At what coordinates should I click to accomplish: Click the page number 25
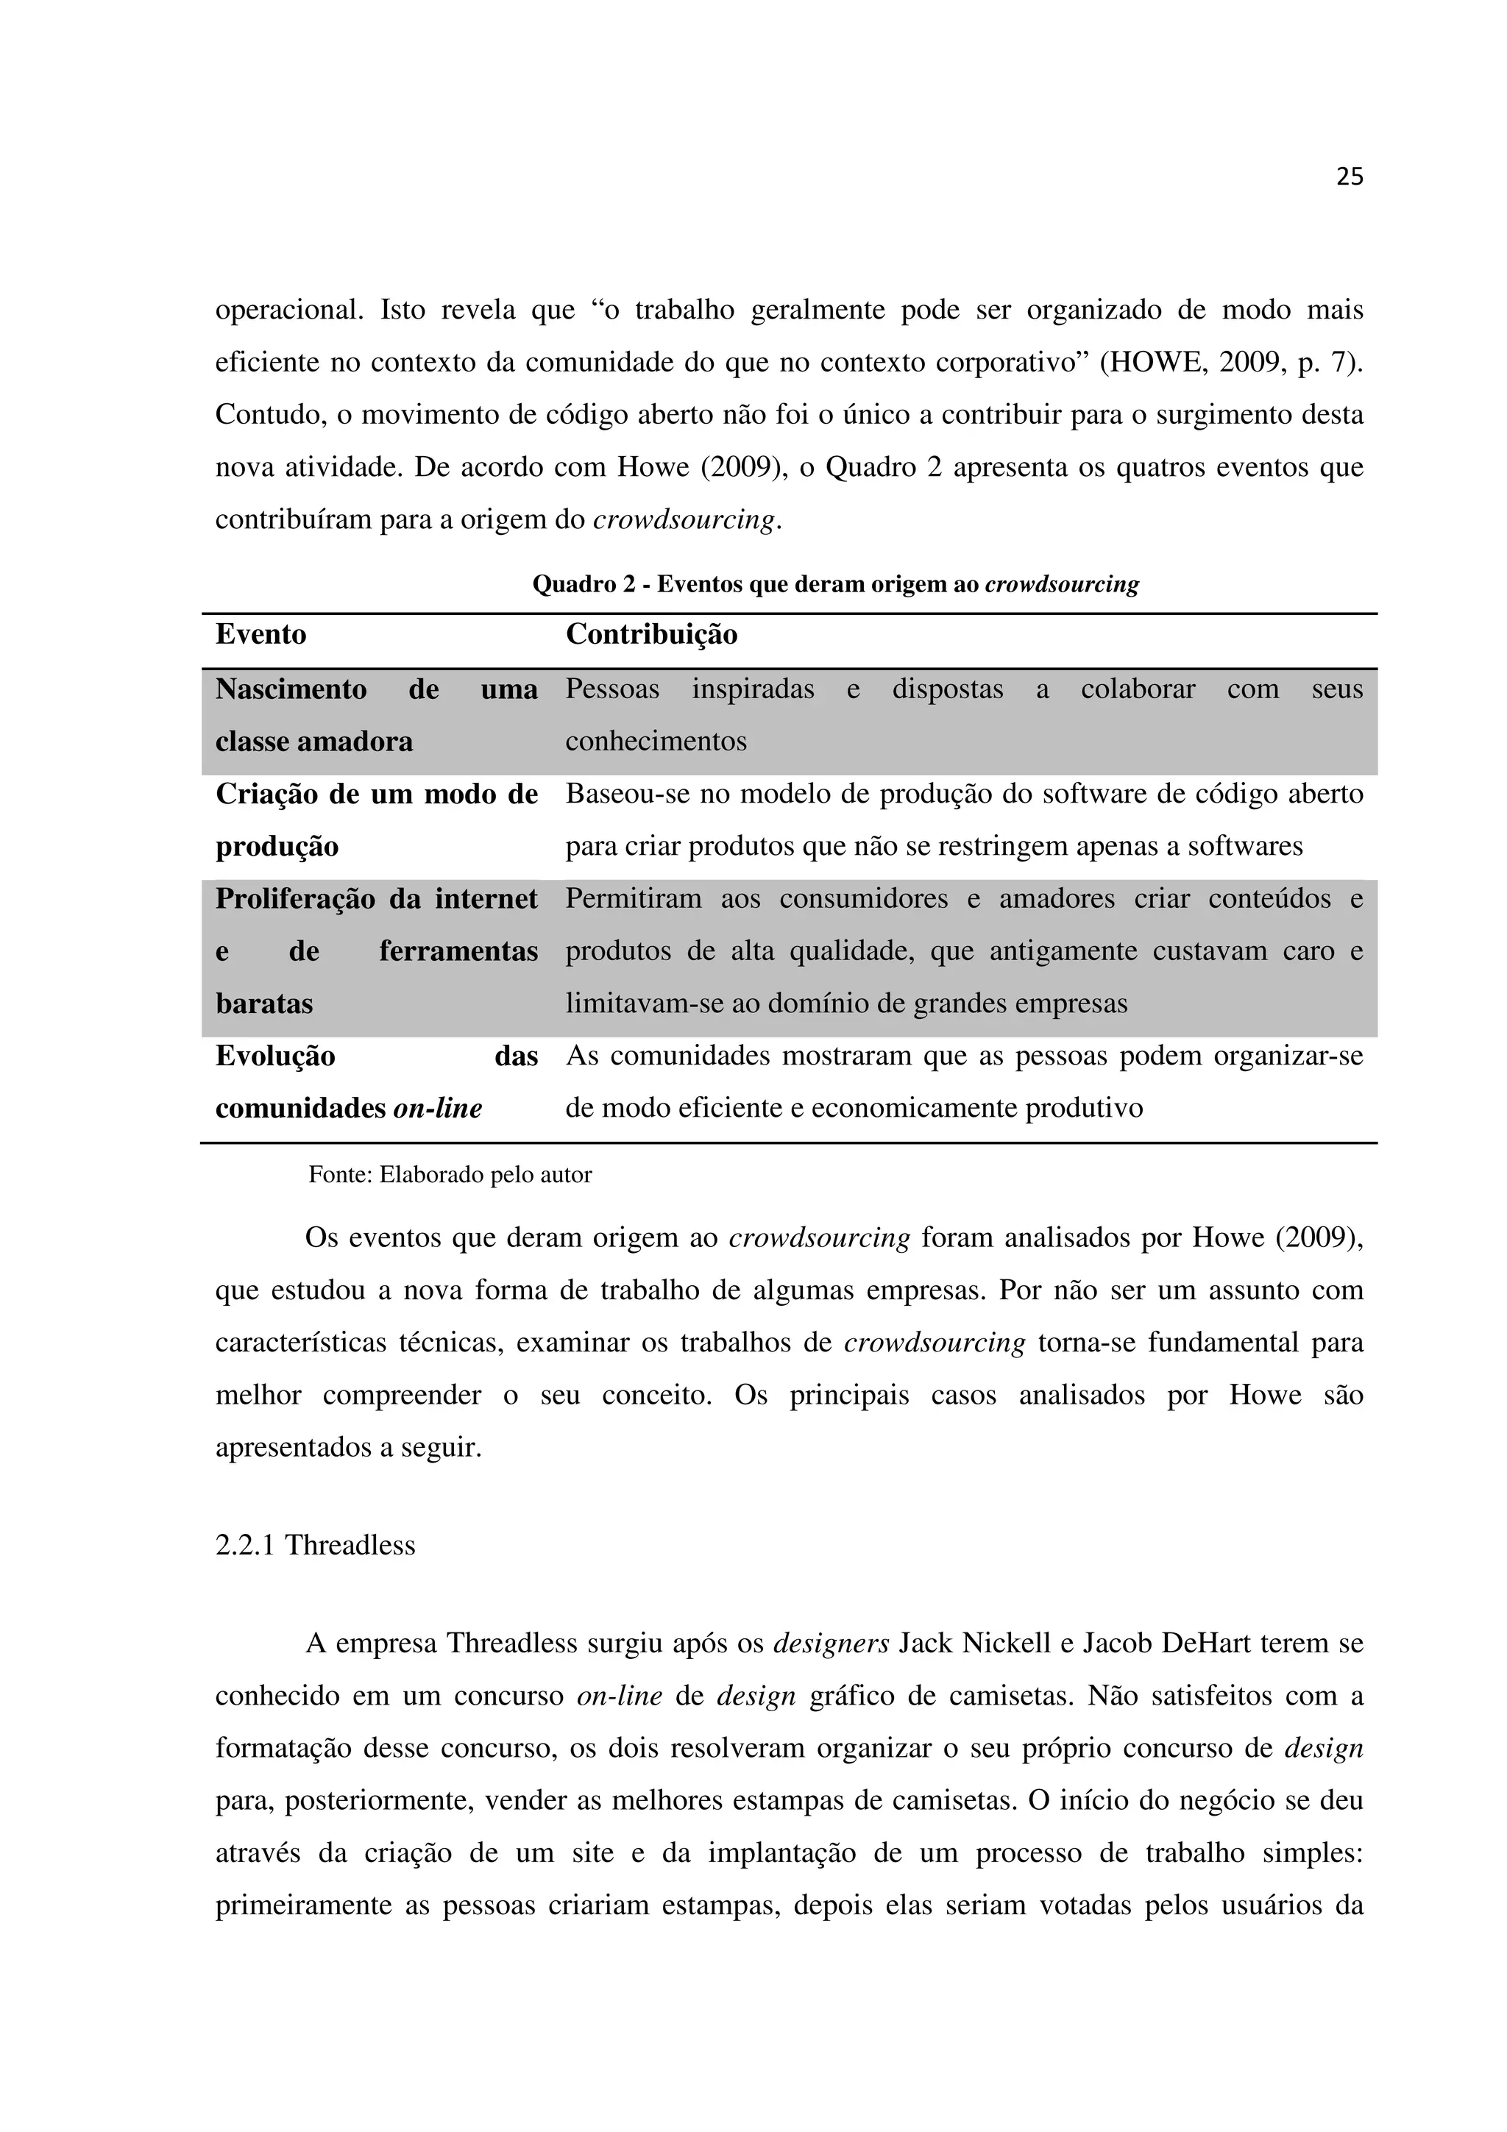tap(1349, 177)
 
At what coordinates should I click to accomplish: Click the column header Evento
tap(261, 635)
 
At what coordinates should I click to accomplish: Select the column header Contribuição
tap(652, 635)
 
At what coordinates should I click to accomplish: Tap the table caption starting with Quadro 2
tap(834, 585)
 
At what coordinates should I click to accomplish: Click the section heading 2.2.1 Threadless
tap(315, 1545)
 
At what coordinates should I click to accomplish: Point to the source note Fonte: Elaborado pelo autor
tap(450, 1176)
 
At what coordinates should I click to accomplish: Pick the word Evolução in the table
tap(275, 1056)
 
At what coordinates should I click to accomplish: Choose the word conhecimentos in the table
tap(656, 742)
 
